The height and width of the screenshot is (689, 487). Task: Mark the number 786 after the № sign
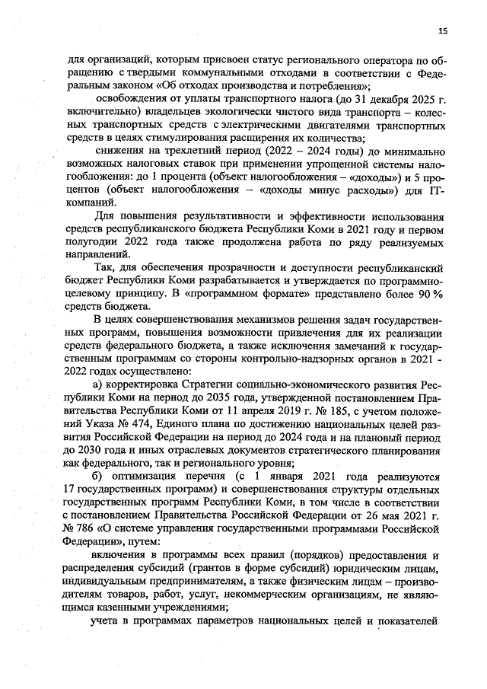pyautogui.click(x=82, y=531)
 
